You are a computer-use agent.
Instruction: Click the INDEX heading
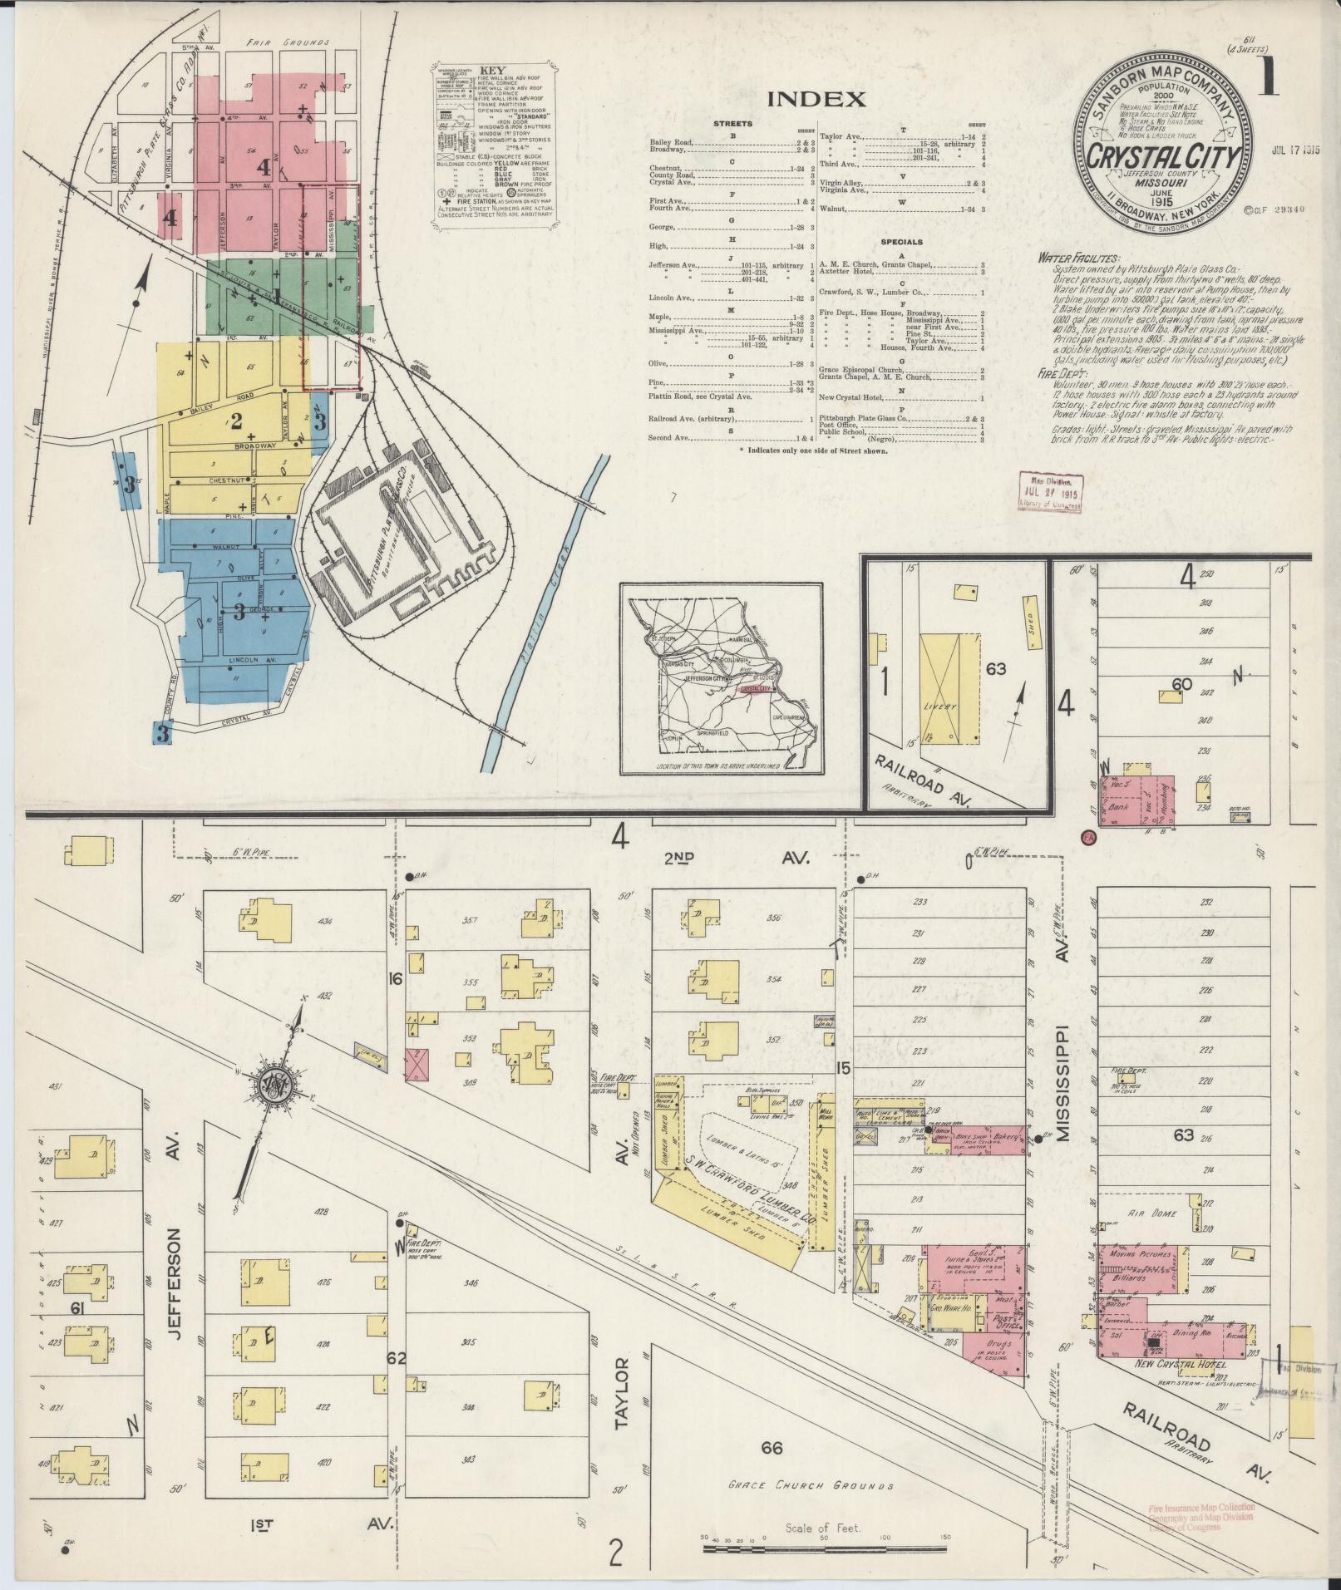point(816,100)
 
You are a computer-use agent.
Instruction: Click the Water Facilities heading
point(1078,258)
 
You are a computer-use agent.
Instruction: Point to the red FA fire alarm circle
point(1087,839)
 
